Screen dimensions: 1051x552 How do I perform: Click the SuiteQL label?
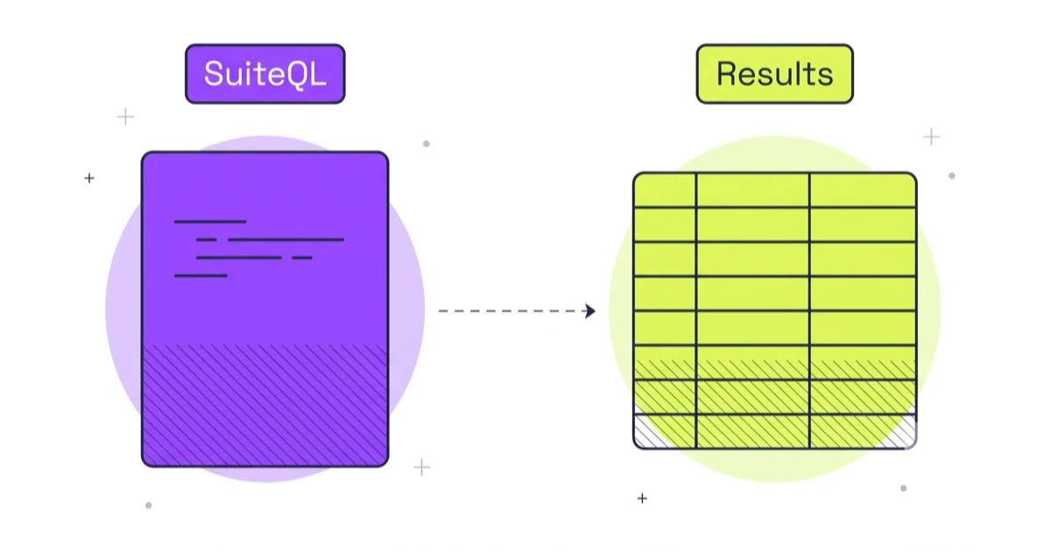tap(265, 74)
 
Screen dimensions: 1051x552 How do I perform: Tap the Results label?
tap(774, 74)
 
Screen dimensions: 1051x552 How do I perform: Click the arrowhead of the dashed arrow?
tap(590, 311)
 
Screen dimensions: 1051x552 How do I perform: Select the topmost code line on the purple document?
tap(210, 222)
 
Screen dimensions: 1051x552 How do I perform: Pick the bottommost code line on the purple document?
tap(201, 276)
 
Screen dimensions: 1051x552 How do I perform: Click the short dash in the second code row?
tap(207, 240)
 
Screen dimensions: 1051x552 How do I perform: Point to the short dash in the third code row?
tap(301, 258)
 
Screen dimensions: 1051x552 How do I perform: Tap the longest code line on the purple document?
tap(286, 240)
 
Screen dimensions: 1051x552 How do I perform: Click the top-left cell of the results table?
tap(665, 190)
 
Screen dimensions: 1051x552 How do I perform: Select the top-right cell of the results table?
tap(863, 190)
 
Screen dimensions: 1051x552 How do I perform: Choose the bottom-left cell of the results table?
tap(665, 431)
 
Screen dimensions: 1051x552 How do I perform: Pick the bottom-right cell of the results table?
tap(863, 431)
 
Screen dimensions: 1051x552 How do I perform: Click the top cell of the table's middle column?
tap(752, 190)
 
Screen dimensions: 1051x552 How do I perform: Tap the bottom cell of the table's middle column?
tap(752, 431)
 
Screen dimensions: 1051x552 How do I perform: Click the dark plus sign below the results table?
tap(642, 498)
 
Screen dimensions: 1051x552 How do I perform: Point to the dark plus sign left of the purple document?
tap(89, 179)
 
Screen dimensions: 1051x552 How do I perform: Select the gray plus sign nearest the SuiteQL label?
tap(125, 117)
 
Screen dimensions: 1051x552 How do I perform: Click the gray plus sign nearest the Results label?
tap(931, 137)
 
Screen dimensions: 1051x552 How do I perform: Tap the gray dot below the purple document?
tap(148, 506)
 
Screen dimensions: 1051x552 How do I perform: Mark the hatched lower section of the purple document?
tap(265, 405)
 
